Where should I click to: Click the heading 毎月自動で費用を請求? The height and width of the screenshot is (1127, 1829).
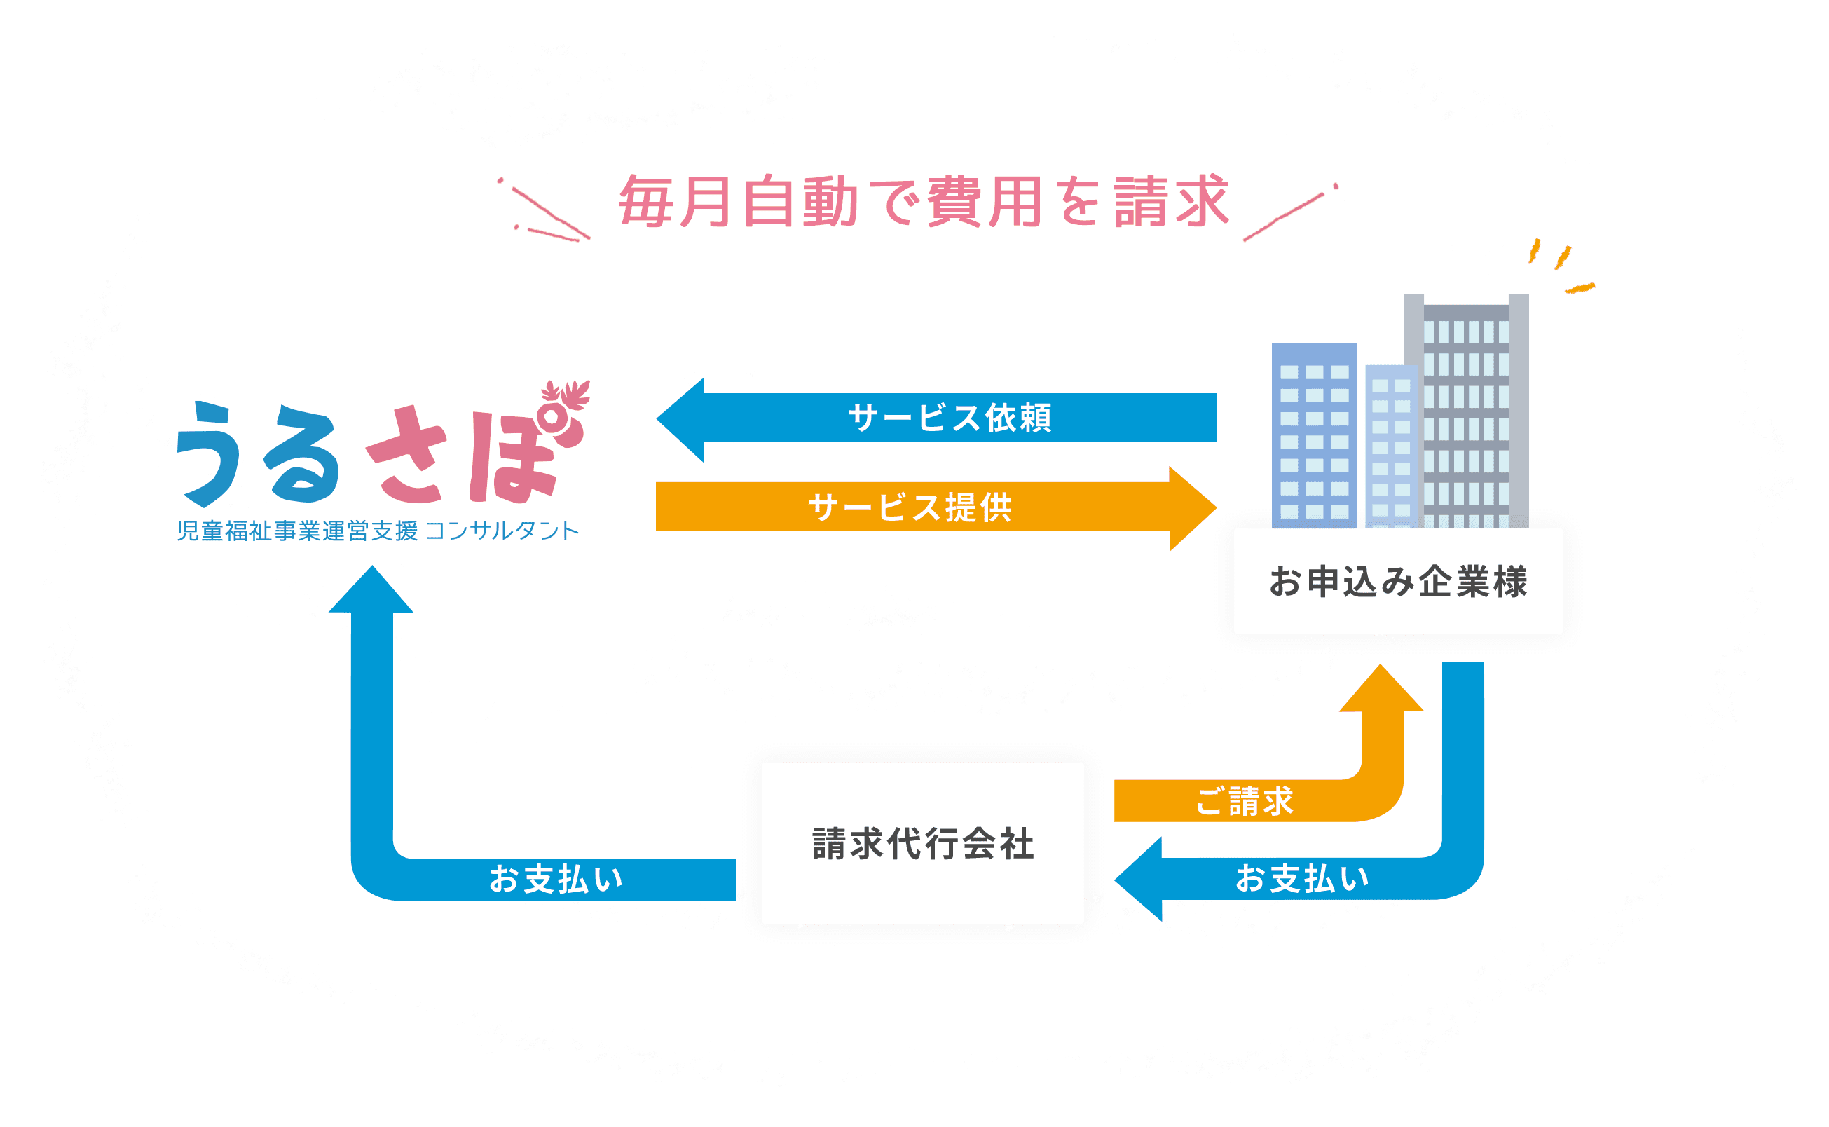923,201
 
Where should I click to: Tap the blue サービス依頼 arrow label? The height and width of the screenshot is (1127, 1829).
950,418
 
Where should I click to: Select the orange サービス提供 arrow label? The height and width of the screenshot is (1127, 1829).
910,508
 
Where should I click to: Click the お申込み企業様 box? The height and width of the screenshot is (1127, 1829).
1398,582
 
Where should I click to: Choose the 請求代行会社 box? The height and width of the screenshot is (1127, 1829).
923,844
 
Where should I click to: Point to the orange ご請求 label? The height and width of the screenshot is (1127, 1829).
1245,801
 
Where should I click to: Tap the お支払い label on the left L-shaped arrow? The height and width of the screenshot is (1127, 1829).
556,880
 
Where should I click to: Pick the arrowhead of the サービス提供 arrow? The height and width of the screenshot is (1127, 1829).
1193,508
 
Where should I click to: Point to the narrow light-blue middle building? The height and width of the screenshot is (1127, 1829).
1391,447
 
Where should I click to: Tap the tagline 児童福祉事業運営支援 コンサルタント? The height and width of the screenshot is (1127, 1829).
378,531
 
